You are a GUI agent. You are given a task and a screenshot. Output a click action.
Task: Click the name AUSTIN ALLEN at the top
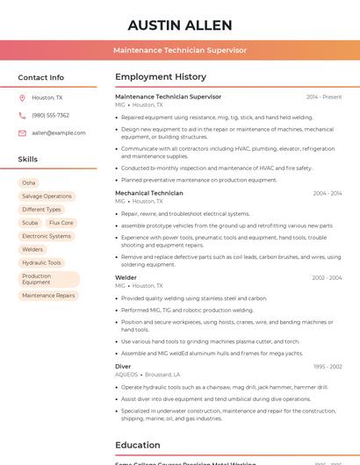[180, 25]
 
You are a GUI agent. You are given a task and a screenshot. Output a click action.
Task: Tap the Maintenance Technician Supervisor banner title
[180, 50]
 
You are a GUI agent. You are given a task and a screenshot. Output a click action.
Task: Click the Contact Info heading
[41, 77]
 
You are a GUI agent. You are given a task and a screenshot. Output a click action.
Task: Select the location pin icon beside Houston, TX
[22, 97]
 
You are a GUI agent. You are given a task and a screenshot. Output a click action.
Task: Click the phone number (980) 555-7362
[50, 115]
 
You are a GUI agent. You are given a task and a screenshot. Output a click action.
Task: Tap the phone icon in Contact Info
[22, 115]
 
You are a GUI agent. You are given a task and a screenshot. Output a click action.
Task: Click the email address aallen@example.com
[59, 132]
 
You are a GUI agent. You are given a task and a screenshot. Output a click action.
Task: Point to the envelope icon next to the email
[22, 132]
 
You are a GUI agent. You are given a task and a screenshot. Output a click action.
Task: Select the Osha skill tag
[29, 182]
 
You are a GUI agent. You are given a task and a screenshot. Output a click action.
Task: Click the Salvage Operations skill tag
[47, 196]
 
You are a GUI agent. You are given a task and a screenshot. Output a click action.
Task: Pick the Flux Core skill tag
[61, 223]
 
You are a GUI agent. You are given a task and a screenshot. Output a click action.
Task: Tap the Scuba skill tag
[30, 223]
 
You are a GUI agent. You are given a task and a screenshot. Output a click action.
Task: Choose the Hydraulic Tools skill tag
[41, 262]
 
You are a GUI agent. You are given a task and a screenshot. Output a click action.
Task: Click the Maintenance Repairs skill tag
[48, 296]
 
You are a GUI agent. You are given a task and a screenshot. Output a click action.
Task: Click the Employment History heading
[161, 77]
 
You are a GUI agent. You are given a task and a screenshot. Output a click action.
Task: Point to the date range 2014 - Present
[324, 97]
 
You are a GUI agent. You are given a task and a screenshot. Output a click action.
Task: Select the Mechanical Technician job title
[149, 193]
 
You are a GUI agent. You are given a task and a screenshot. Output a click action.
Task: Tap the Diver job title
[123, 366]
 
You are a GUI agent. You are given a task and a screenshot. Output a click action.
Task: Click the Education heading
[138, 445]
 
